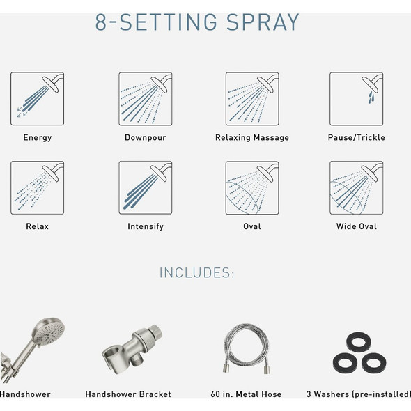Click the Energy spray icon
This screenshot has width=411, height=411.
click(37, 99)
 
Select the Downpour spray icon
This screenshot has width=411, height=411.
click(145, 99)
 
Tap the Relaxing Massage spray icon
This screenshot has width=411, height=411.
click(251, 99)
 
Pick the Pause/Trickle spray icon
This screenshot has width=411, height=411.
click(356, 99)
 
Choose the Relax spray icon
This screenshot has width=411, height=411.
click(37, 188)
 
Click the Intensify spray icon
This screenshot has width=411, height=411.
click(145, 188)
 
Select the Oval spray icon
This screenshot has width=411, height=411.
click(251, 188)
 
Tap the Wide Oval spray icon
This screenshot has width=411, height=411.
click(356, 188)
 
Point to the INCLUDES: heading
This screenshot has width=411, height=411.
click(197, 272)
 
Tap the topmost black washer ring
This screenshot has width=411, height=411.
click(359, 342)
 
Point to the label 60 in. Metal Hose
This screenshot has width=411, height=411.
click(246, 394)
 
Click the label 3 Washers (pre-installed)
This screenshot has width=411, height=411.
click(358, 394)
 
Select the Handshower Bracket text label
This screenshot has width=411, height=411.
click(128, 394)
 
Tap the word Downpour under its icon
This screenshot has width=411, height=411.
click(145, 138)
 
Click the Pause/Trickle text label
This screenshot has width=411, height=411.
click(356, 138)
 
